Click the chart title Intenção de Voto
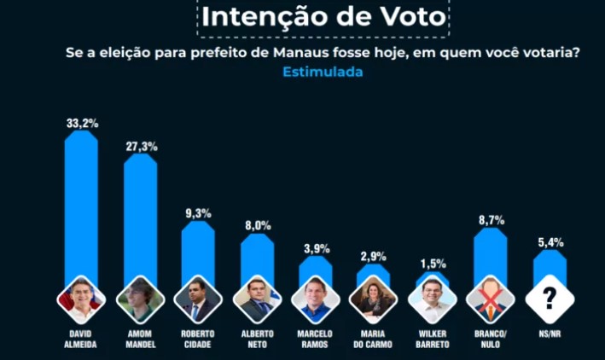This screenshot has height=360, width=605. click(x=323, y=17)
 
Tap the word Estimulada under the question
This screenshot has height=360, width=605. click(x=323, y=72)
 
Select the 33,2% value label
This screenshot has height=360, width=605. click(x=82, y=123)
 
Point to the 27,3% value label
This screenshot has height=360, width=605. click(x=141, y=147)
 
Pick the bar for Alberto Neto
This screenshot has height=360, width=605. click(x=258, y=256)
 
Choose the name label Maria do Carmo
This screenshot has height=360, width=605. click(x=374, y=339)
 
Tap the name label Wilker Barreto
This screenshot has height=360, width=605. click(x=433, y=339)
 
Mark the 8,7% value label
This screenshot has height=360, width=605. click(x=491, y=220)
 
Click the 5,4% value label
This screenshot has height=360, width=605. click(x=550, y=243)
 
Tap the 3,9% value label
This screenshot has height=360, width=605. click(x=316, y=249)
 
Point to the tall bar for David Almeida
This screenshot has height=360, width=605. click(x=82, y=205)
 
